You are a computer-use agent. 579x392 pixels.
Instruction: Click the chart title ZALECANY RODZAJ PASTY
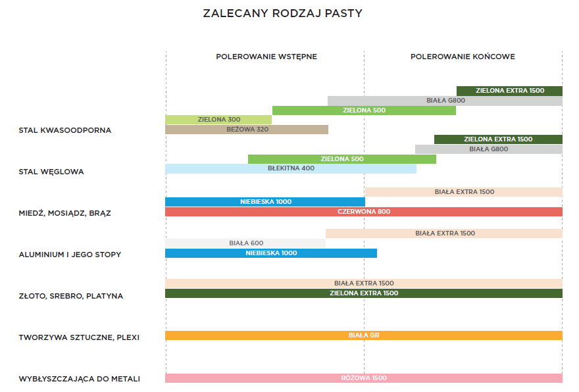(282, 13)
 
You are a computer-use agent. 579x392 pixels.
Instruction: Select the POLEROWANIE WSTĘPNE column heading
(266, 57)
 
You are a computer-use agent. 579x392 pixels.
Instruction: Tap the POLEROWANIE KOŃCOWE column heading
(463, 57)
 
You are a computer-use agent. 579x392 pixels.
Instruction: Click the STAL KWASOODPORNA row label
(65, 130)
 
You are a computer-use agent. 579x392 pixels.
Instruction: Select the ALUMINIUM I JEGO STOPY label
(70, 255)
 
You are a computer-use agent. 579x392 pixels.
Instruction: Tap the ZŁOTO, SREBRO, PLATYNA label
(71, 296)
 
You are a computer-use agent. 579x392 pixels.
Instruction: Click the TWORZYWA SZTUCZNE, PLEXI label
(79, 337)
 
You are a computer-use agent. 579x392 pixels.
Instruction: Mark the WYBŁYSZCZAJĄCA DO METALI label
(80, 379)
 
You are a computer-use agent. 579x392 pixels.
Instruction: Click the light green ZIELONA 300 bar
(218, 120)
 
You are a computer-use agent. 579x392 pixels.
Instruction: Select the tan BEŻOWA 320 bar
(247, 130)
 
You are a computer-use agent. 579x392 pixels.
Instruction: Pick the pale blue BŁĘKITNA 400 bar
(291, 168)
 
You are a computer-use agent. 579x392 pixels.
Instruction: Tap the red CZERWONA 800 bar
(364, 212)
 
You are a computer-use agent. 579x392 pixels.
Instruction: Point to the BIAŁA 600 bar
(245, 243)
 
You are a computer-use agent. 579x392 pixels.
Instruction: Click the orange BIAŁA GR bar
(364, 335)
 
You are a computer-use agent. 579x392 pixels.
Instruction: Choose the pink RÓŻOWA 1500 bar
(364, 378)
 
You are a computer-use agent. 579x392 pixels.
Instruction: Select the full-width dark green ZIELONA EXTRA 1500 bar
(364, 293)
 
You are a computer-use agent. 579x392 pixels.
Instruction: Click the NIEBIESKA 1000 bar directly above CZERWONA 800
(265, 202)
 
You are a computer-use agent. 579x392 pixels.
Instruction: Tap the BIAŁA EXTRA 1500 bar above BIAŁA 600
(444, 233)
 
